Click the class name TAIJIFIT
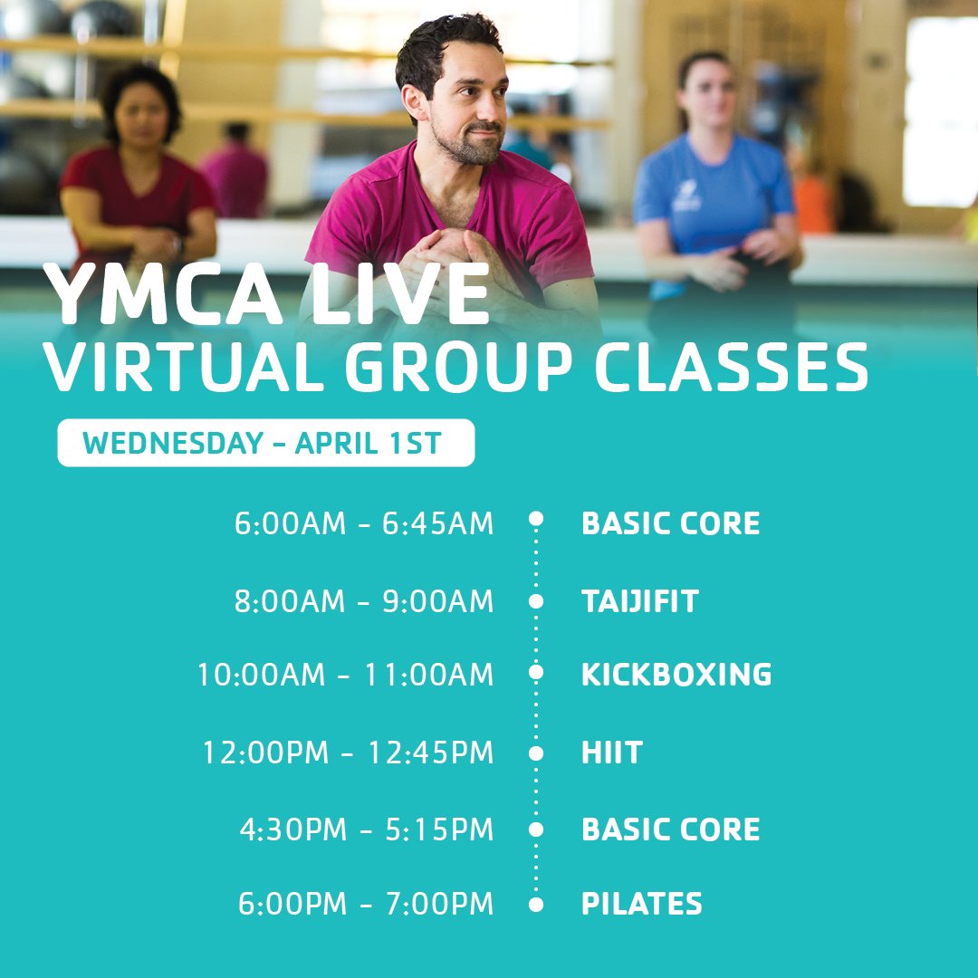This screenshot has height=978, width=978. (x=639, y=601)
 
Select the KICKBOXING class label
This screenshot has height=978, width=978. (x=676, y=675)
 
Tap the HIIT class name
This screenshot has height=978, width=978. (x=611, y=753)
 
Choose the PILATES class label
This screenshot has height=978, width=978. (x=641, y=904)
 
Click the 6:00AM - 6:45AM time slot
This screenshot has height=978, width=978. (x=364, y=523)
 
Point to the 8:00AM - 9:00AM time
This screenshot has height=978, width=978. (x=364, y=601)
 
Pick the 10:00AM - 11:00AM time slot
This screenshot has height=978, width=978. (x=346, y=675)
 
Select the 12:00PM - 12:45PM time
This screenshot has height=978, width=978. (x=349, y=753)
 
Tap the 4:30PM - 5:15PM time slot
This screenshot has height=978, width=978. (x=367, y=829)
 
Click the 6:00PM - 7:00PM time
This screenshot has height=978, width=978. (x=366, y=904)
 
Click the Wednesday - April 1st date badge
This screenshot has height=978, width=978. (x=265, y=444)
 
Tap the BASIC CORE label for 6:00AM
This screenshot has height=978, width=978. (x=670, y=523)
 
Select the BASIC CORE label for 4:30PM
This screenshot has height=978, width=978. (x=670, y=829)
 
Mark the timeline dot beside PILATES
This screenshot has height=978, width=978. (x=536, y=904)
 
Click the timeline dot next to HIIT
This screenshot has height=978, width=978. (x=536, y=753)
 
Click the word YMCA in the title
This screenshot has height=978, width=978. (x=145, y=295)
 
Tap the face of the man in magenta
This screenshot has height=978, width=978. (x=464, y=113)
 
